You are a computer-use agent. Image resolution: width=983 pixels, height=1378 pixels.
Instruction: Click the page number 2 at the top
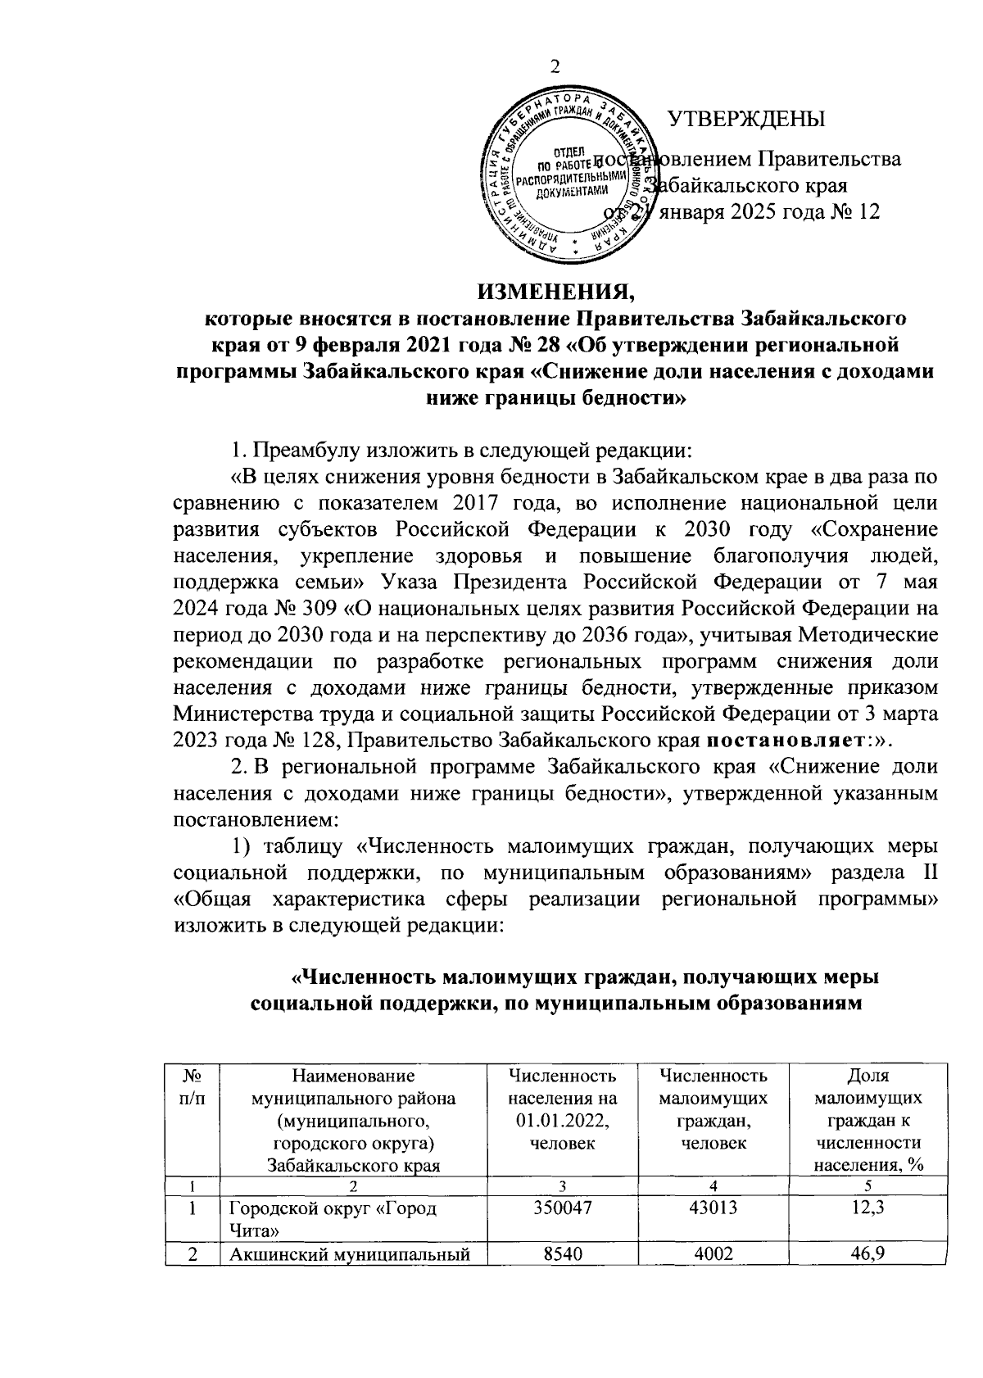(555, 68)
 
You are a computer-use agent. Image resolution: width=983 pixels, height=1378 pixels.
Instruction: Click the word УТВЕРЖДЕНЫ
(747, 120)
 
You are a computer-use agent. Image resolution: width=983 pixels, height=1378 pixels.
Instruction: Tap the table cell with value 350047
(562, 1209)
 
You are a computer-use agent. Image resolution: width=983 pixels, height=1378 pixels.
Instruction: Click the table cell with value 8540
(562, 1253)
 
